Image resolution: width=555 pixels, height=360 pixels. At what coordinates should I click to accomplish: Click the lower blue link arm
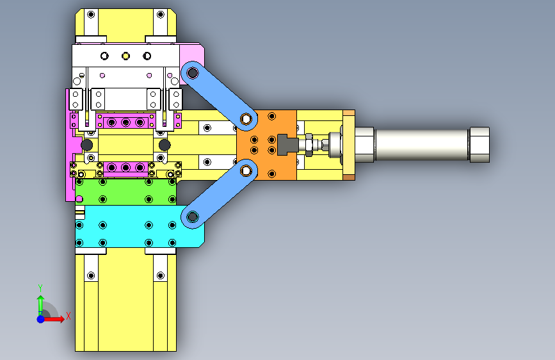(219, 194)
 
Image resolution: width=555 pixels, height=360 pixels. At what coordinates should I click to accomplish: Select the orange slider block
(266, 145)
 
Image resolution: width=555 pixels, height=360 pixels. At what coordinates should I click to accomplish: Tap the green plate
(125, 192)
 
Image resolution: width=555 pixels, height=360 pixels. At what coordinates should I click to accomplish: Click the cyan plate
(140, 226)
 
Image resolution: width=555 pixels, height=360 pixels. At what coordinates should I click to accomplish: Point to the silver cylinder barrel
(422, 145)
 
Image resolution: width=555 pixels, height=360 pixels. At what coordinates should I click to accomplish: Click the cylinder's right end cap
(479, 145)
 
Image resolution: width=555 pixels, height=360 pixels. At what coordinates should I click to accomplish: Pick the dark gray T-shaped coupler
(287, 145)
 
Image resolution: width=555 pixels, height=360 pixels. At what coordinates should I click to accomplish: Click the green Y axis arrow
(41, 306)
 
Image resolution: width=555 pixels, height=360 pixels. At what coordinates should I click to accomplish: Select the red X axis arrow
(54, 319)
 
